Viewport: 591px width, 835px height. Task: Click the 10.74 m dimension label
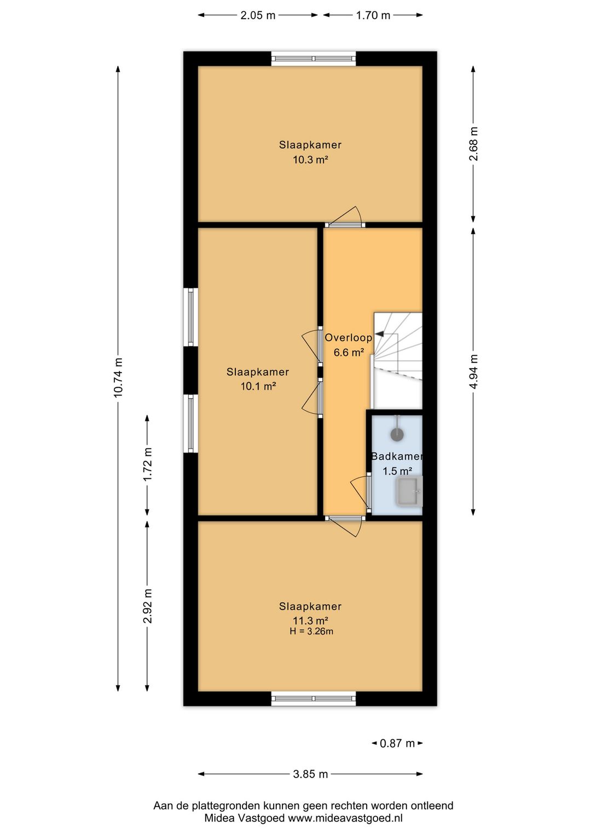pyautogui.click(x=118, y=378)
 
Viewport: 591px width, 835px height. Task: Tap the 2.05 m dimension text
pyautogui.click(x=258, y=15)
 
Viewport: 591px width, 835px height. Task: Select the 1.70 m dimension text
pyautogui.click(x=373, y=15)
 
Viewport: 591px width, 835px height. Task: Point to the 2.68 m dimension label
pyautogui.click(x=473, y=144)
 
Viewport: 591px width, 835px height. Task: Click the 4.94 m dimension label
pyautogui.click(x=473, y=372)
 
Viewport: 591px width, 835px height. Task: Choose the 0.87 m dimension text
pyautogui.click(x=397, y=743)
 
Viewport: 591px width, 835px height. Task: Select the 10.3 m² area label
pyautogui.click(x=310, y=160)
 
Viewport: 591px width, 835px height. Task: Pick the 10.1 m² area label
pyautogui.click(x=258, y=386)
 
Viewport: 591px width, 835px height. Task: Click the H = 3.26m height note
pyautogui.click(x=311, y=631)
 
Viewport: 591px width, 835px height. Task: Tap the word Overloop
pyautogui.click(x=348, y=338)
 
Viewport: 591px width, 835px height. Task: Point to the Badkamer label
pyautogui.click(x=397, y=456)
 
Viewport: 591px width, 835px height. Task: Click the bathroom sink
pyautogui.click(x=410, y=491)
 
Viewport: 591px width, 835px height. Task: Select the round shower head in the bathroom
pyautogui.click(x=397, y=434)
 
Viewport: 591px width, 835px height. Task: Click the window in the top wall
pyautogui.click(x=313, y=59)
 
